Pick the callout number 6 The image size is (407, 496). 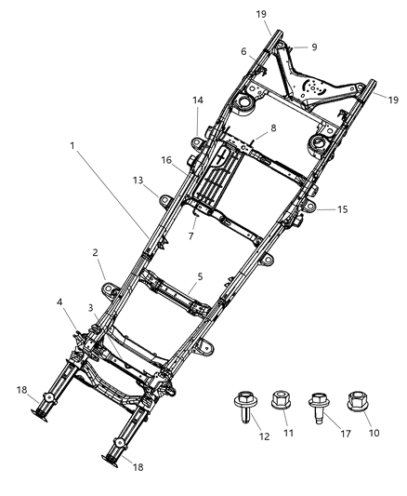pyautogui.click(x=244, y=52)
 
